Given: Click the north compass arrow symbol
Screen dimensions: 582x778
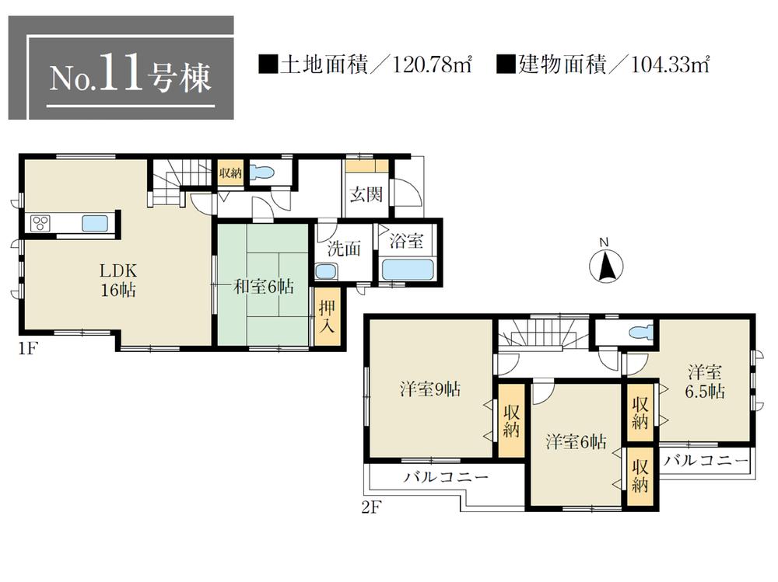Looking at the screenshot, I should pyautogui.click(x=607, y=267).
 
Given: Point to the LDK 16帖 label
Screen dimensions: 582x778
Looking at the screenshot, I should pyautogui.click(x=117, y=281).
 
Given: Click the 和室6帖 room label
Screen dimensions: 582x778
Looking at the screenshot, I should pyautogui.click(x=264, y=287).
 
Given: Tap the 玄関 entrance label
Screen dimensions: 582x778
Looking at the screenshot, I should pyautogui.click(x=365, y=195).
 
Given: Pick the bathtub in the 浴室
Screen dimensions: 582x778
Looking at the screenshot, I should pyautogui.click(x=408, y=270).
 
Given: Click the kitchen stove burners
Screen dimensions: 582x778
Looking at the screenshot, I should pyautogui.click(x=40, y=224).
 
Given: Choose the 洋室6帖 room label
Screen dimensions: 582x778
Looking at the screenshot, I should pyautogui.click(x=576, y=442).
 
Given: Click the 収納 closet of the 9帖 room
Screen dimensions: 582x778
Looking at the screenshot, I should pyautogui.click(x=510, y=420).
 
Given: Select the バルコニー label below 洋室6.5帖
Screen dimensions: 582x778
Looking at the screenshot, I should pyautogui.click(x=706, y=460).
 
